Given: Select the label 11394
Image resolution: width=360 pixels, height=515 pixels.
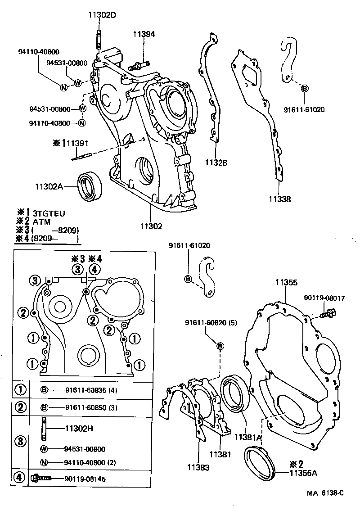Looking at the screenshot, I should pos(143,34).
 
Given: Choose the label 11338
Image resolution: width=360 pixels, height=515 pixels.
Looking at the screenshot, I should pos(280,199).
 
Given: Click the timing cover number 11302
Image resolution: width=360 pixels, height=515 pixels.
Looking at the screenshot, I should pos(151,226).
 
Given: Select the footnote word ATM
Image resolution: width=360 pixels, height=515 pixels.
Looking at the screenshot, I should pos(41,221).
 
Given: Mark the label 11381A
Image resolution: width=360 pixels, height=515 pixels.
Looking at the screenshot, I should pos(247,437).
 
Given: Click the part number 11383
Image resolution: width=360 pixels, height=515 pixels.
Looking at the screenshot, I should pos(198,468).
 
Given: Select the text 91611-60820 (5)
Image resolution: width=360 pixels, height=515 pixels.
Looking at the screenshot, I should pos(211,323).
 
